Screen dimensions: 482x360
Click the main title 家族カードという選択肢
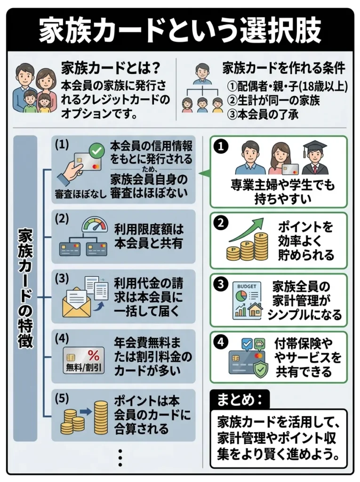pos(180,31)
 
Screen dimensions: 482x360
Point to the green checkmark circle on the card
pos(97,152)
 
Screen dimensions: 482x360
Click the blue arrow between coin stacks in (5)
pos(86,411)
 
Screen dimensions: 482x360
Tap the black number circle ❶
pos(220,146)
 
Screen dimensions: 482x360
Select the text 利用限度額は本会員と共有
pos(148,237)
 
